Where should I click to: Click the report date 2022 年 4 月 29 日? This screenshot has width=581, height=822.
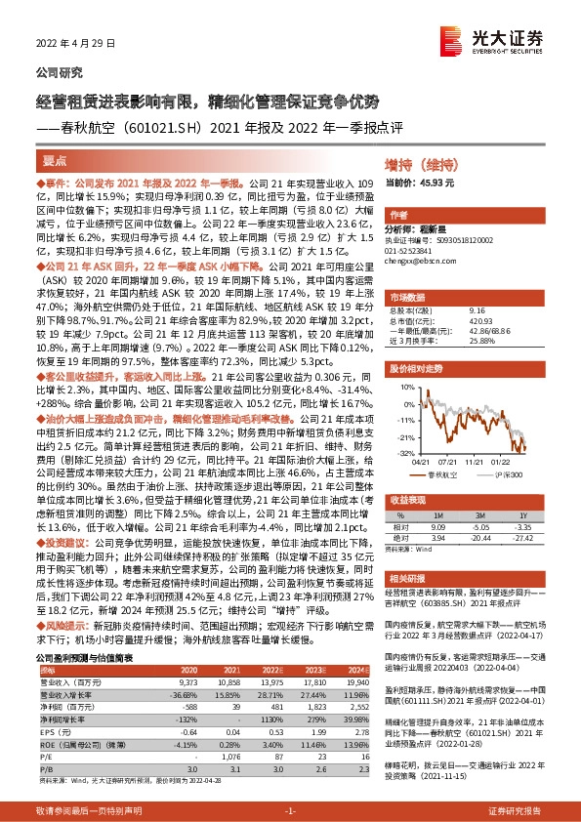67,44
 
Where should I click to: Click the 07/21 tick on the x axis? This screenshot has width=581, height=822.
448,462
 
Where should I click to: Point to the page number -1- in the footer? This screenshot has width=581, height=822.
289,811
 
